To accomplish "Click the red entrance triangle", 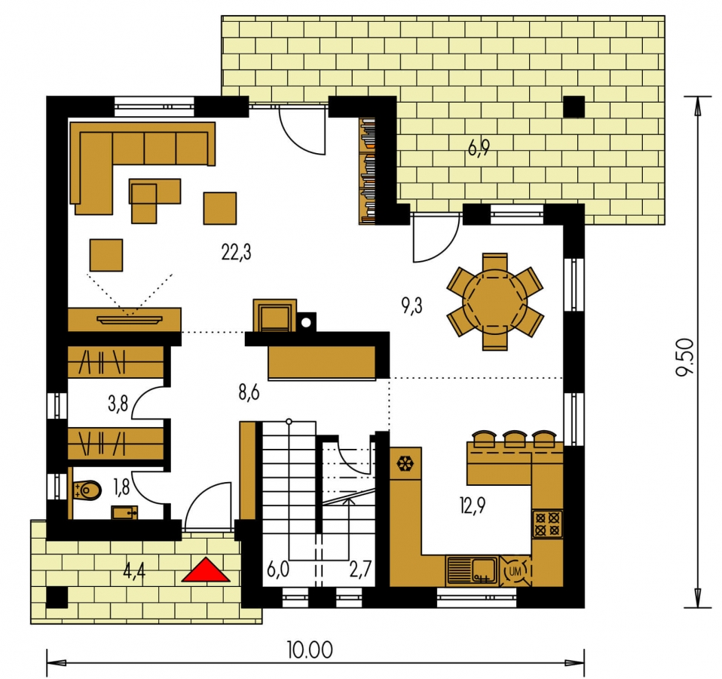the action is coord(205,570).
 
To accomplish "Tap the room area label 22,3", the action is coord(236,253).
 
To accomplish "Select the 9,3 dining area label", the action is coord(411,305).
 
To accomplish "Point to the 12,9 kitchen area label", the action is coord(473,505).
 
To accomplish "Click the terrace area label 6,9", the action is coord(479,148).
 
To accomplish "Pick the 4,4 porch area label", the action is coord(134,572).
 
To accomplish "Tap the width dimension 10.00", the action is coord(310,650).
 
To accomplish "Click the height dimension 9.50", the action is coord(685,358).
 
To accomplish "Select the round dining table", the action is coord(495,302).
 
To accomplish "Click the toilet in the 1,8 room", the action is coord(87,490).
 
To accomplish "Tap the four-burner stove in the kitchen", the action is coord(547,524).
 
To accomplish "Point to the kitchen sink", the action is coord(472,570).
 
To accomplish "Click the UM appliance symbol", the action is coord(515,572).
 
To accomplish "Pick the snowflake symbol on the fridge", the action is coord(405,463).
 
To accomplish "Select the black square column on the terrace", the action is coord(574,106).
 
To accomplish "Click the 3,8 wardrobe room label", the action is coord(118,404).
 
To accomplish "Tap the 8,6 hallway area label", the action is coord(249,393).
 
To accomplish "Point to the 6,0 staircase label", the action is coord(278,570).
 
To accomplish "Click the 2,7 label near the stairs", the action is coord(360,570).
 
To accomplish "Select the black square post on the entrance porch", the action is coord(57,598).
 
